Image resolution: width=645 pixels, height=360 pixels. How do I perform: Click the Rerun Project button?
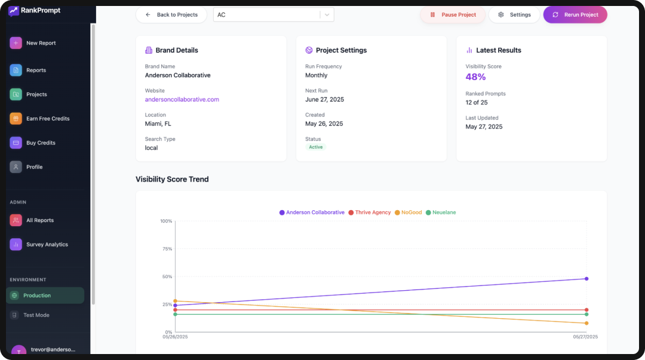[575, 15]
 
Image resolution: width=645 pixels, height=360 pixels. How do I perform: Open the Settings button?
[514, 15]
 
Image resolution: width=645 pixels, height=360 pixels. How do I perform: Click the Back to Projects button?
[171, 15]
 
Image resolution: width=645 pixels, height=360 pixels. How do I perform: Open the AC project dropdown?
[274, 15]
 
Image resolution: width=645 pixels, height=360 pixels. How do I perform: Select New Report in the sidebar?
[41, 43]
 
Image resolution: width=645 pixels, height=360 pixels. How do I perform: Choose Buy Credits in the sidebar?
[41, 143]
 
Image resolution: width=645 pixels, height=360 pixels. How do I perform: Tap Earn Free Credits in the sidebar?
[47, 119]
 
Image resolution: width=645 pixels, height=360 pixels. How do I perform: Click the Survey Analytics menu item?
[47, 244]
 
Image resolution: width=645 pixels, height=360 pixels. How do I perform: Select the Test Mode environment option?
[36, 315]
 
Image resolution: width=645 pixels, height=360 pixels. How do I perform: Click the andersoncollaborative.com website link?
[182, 100]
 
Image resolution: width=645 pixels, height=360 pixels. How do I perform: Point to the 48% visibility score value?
[475, 77]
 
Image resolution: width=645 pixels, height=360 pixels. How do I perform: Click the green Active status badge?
[316, 147]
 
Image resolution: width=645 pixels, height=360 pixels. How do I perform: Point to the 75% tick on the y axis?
[166, 249]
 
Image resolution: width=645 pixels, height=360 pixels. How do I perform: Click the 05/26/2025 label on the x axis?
[176, 337]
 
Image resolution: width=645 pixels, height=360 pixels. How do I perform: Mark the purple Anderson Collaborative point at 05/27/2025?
[586, 279]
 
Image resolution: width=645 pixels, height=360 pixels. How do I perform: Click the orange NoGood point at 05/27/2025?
[586, 323]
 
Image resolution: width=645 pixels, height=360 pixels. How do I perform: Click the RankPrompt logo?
[35, 11]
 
